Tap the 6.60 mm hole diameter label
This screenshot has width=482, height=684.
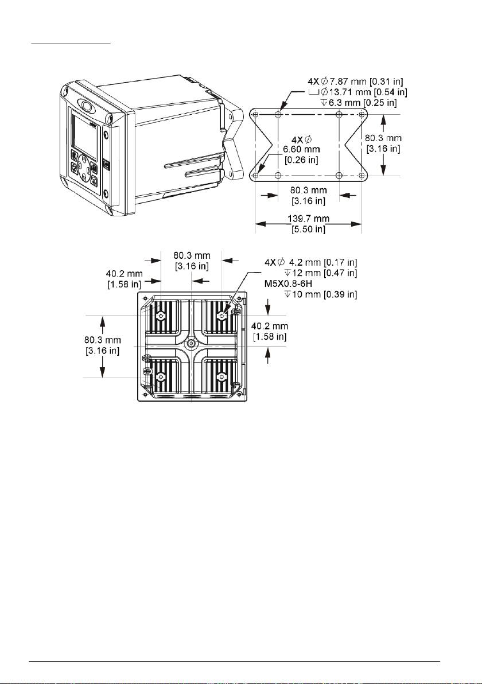pyautogui.click(x=301, y=149)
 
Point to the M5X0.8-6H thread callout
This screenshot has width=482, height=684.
pyautogui.click(x=288, y=284)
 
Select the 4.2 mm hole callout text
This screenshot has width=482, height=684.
pyautogui.click(x=311, y=263)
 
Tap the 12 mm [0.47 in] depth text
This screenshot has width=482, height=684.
pyautogui.click(x=321, y=273)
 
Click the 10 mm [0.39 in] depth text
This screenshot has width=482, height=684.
pyautogui.click(x=321, y=294)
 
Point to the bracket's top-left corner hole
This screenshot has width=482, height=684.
pyautogui.click(x=255, y=114)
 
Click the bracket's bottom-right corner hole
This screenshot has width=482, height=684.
pyautogui.click(x=361, y=176)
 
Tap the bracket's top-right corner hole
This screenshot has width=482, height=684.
pyautogui.click(x=361, y=114)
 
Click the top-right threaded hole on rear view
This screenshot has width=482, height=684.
pyautogui.click(x=222, y=315)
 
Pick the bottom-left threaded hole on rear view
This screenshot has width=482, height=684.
pyautogui.click(x=161, y=376)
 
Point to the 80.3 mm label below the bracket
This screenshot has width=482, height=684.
pyautogui.click(x=308, y=196)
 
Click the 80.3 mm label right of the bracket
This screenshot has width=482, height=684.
pyautogui.click(x=383, y=143)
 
